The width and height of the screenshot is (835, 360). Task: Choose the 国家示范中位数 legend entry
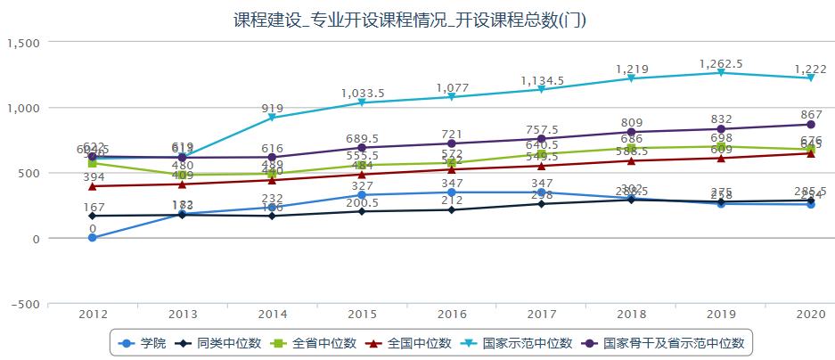coord(518,342)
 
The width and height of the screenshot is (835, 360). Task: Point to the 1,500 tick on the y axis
coord(23,43)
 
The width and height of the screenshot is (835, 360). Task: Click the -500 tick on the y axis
coord(26,304)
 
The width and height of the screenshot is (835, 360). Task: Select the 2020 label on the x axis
coord(810,315)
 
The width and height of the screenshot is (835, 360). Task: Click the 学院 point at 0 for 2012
coord(93,238)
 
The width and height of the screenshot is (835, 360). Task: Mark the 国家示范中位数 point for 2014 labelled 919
coord(272,118)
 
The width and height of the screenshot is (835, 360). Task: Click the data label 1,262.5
coord(721,63)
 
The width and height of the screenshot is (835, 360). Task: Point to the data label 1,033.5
coord(362,93)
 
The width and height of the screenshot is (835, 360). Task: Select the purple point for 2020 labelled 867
coord(811,125)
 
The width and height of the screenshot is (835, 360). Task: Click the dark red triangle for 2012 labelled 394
coord(93,186)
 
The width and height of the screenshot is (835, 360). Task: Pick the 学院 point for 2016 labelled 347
coord(452,192)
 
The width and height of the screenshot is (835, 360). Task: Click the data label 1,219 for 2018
coord(631,69)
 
